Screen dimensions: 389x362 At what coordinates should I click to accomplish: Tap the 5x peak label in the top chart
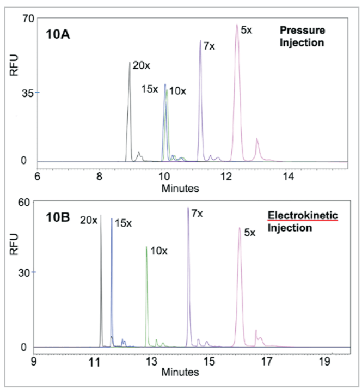(x=247, y=31)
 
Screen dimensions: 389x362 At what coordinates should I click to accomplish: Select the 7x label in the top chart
(x=208, y=46)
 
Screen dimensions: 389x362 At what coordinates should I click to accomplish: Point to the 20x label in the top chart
(x=142, y=65)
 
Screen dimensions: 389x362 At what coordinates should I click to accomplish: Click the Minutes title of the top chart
(x=180, y=188)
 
